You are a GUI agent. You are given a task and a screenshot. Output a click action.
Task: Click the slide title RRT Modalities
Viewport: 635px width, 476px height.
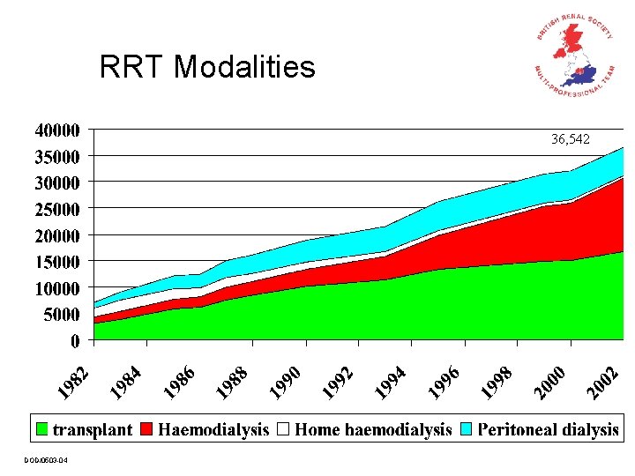coord(207,67)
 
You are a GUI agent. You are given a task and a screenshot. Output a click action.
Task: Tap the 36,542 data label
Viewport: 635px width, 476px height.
coord(571,139)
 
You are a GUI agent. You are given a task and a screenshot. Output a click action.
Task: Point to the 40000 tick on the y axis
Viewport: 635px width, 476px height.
coord(56,130)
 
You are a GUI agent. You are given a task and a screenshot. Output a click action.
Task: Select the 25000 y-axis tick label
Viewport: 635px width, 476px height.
coord(56,209)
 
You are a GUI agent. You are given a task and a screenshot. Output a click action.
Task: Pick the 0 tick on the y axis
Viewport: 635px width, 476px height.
coord(75,340)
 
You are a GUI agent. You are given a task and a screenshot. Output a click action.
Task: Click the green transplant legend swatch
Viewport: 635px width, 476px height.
coord(41,430)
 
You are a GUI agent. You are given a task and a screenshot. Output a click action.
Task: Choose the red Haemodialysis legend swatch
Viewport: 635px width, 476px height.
coord(146,430)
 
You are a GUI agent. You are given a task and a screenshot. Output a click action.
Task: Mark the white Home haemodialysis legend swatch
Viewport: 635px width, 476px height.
coord(283,430)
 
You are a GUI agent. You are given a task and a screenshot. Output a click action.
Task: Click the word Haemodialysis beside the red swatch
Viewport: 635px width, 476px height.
coord(213,430)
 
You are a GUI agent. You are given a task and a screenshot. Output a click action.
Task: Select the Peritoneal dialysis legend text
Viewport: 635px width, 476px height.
coord(548,430)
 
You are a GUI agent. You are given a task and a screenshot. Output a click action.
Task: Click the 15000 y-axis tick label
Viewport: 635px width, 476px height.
coord(56,262)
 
